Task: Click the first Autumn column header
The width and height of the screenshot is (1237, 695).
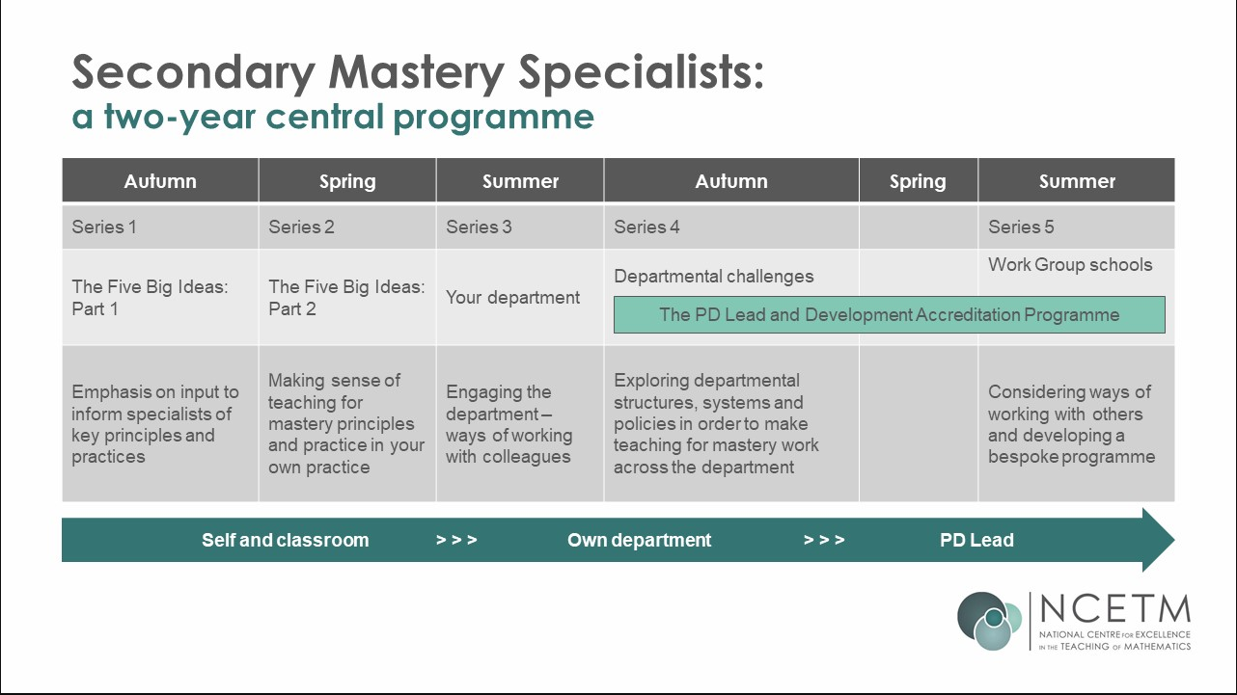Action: click(x=160, y=181)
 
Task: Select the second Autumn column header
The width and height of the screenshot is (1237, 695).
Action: click(x=731, y=181)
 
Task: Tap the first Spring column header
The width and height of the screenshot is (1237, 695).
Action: click(x=347, y=181)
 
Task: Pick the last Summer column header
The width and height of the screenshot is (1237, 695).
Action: click(x=1077, y=181)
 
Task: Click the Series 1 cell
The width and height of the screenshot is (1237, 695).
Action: click(x=104, y=227)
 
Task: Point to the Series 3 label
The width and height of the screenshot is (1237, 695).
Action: click(x=479, y=227)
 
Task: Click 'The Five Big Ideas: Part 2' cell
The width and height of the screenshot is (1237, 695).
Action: click(x=346, y=298)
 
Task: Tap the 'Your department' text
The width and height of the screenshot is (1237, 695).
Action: click(x=513, y=298)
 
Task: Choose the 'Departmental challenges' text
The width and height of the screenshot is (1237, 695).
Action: click(x=714, y=277)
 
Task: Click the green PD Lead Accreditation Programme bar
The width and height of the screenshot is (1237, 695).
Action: click(x=889, y=315)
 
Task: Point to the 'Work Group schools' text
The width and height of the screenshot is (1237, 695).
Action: click(x=1070, y=265)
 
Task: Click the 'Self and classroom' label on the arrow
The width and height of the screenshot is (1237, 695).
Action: click(x=285, y=540)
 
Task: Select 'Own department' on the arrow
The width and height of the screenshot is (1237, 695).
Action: click(x=639, y=540)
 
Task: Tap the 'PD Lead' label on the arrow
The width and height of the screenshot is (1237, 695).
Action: click(x=976, y=540)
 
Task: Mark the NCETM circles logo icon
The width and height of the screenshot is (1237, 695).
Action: click(x=989, y=620)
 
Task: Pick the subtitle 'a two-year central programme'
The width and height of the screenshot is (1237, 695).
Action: click(x=333, y=117)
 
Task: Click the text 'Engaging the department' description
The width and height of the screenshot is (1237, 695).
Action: click(x=509, y=424)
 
